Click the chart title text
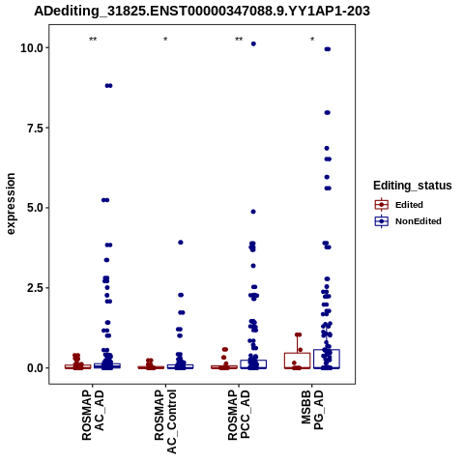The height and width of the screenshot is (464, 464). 202,12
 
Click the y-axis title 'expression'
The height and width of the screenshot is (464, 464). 11,204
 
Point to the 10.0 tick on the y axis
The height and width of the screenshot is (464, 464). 32,48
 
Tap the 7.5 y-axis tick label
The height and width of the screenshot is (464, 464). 35,128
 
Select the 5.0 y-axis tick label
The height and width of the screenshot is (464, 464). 35,208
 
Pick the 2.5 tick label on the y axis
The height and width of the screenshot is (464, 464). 35,288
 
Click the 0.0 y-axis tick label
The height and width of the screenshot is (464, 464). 35,367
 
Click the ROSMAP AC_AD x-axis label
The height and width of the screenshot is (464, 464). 93,416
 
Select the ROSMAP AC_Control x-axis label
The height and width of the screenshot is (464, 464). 165,421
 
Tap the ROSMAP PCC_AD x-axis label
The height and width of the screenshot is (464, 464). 239,415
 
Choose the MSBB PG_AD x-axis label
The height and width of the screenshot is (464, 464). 312,410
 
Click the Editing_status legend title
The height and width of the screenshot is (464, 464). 413,186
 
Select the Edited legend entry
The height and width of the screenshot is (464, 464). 398,205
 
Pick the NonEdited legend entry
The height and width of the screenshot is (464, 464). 408,221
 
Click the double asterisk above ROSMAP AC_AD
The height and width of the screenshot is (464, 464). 93,40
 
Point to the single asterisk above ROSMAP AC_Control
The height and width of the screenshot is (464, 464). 165,40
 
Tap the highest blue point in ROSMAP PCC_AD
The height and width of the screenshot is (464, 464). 253,43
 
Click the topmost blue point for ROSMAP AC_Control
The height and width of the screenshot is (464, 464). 181,243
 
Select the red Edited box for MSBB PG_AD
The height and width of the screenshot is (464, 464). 298,361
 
